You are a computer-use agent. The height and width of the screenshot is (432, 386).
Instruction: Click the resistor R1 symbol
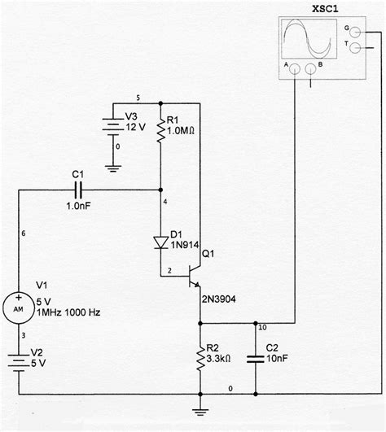point(160,129)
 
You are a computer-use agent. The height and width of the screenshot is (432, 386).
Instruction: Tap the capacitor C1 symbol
point(77,189)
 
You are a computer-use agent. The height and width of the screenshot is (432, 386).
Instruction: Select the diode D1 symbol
point(160,242)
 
